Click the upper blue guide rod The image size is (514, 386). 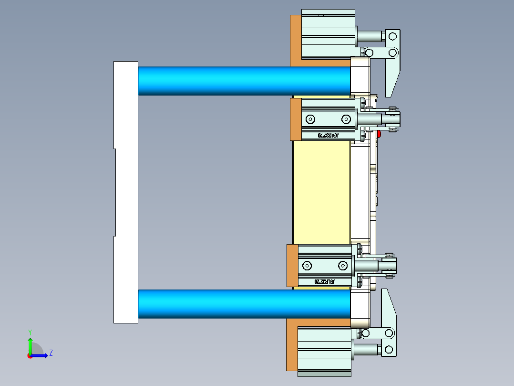(243, 81)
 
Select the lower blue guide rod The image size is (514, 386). (243, 304)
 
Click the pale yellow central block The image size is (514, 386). (321, 191)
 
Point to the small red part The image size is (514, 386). (379, 135)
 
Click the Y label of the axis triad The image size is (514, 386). (30, 332)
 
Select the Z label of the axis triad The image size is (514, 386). (51, 353)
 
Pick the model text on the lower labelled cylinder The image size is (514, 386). (325, 282)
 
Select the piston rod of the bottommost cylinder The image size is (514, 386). (367, 350)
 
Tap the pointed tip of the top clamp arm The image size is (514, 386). (388, 93)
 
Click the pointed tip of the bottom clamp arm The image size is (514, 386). (384, 292)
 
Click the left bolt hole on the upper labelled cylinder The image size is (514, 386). (311, 119)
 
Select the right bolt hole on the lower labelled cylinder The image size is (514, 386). (342, 265)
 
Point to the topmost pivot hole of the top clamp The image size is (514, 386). (392, 36)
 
